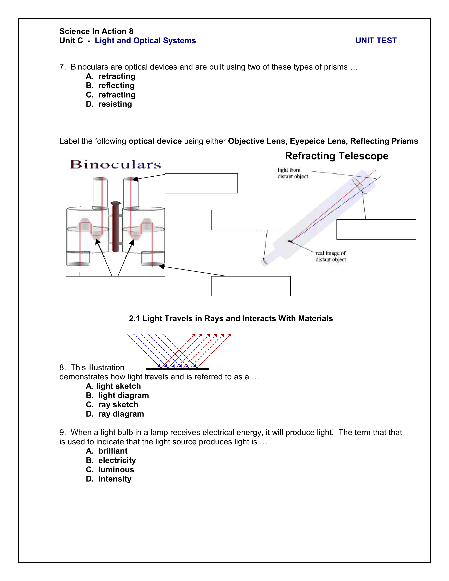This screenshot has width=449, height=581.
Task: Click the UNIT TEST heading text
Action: [x=376, y=40]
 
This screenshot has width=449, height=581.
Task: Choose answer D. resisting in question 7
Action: [x=109, y=104]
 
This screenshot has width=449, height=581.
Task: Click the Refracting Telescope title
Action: [x=336, y=156]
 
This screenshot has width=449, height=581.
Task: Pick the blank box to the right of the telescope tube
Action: [x=376, y=229]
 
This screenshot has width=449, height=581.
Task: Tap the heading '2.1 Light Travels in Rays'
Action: [x=231, y=318]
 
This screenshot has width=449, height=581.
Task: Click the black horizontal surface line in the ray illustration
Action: [x=177, y=369]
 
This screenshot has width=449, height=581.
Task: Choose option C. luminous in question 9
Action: [x=110, y=470]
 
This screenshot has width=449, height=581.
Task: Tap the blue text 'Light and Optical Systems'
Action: [x=145, y=40]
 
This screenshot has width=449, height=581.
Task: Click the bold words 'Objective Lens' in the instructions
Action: [x=256, y=141]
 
